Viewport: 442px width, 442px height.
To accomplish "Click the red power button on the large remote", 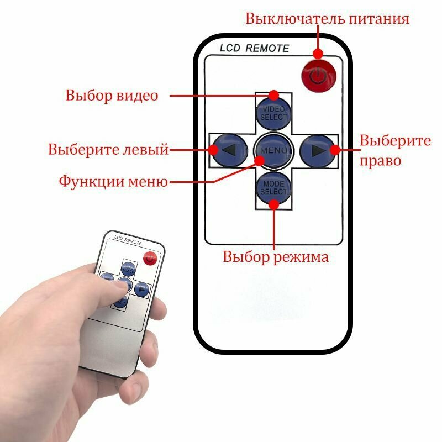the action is point(318,75).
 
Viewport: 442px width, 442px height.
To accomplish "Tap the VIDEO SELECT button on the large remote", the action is point(274,112).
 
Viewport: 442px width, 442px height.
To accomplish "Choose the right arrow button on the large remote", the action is point(317,150).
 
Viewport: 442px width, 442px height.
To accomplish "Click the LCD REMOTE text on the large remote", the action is point(254,48).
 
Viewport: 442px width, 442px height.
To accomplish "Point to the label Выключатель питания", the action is point(327,19).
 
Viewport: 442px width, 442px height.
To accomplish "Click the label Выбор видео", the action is point(112,95).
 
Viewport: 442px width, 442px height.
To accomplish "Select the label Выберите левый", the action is point(108,149).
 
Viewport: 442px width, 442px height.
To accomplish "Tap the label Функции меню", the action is point(113,181).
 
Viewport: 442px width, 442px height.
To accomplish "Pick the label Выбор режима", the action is point(276,257).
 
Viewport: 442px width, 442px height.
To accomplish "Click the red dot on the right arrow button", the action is point(334,149).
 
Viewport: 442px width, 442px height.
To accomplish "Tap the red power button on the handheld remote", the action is point(150,257).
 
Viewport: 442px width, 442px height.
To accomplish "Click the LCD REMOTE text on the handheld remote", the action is point(128,240).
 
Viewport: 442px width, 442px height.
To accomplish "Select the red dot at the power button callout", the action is point(318,53).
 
